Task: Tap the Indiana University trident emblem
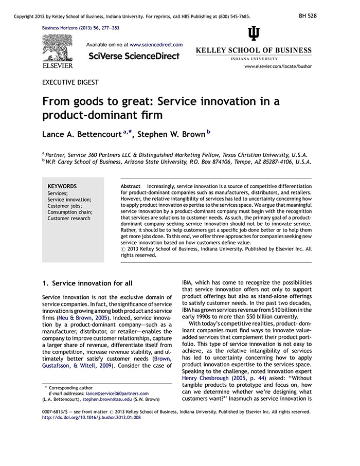pos(254,34)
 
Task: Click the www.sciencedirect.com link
pos(156,45)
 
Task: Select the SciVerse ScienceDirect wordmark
pos(134,56)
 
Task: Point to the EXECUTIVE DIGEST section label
pos(70,82)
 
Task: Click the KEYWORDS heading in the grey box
pos(62,186)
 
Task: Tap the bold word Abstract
pos(130,186)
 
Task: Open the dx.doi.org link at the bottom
pos(92,418)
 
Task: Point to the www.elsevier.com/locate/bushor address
pos(278,66)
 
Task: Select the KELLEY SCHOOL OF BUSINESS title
pos(254,50)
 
